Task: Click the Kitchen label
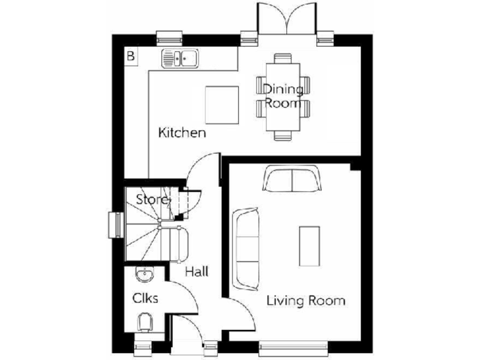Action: tap(182, 133)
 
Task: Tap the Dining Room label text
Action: tap(282, 96)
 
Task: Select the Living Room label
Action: tap(306, 301)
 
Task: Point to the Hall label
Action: tap(196, 272)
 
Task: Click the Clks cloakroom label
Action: tap(145, 298)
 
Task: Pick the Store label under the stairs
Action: tap(152, 200)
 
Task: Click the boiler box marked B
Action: tap(131, 56)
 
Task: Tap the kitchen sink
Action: tap(180, 59)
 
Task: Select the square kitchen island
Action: tap(222, 105)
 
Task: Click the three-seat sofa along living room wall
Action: tap(246, 249)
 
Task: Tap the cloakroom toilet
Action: tap(144, 322)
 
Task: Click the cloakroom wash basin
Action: tap(144, 274)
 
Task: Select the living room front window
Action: tap(293, 344)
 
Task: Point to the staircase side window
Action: tap(115, 225)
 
